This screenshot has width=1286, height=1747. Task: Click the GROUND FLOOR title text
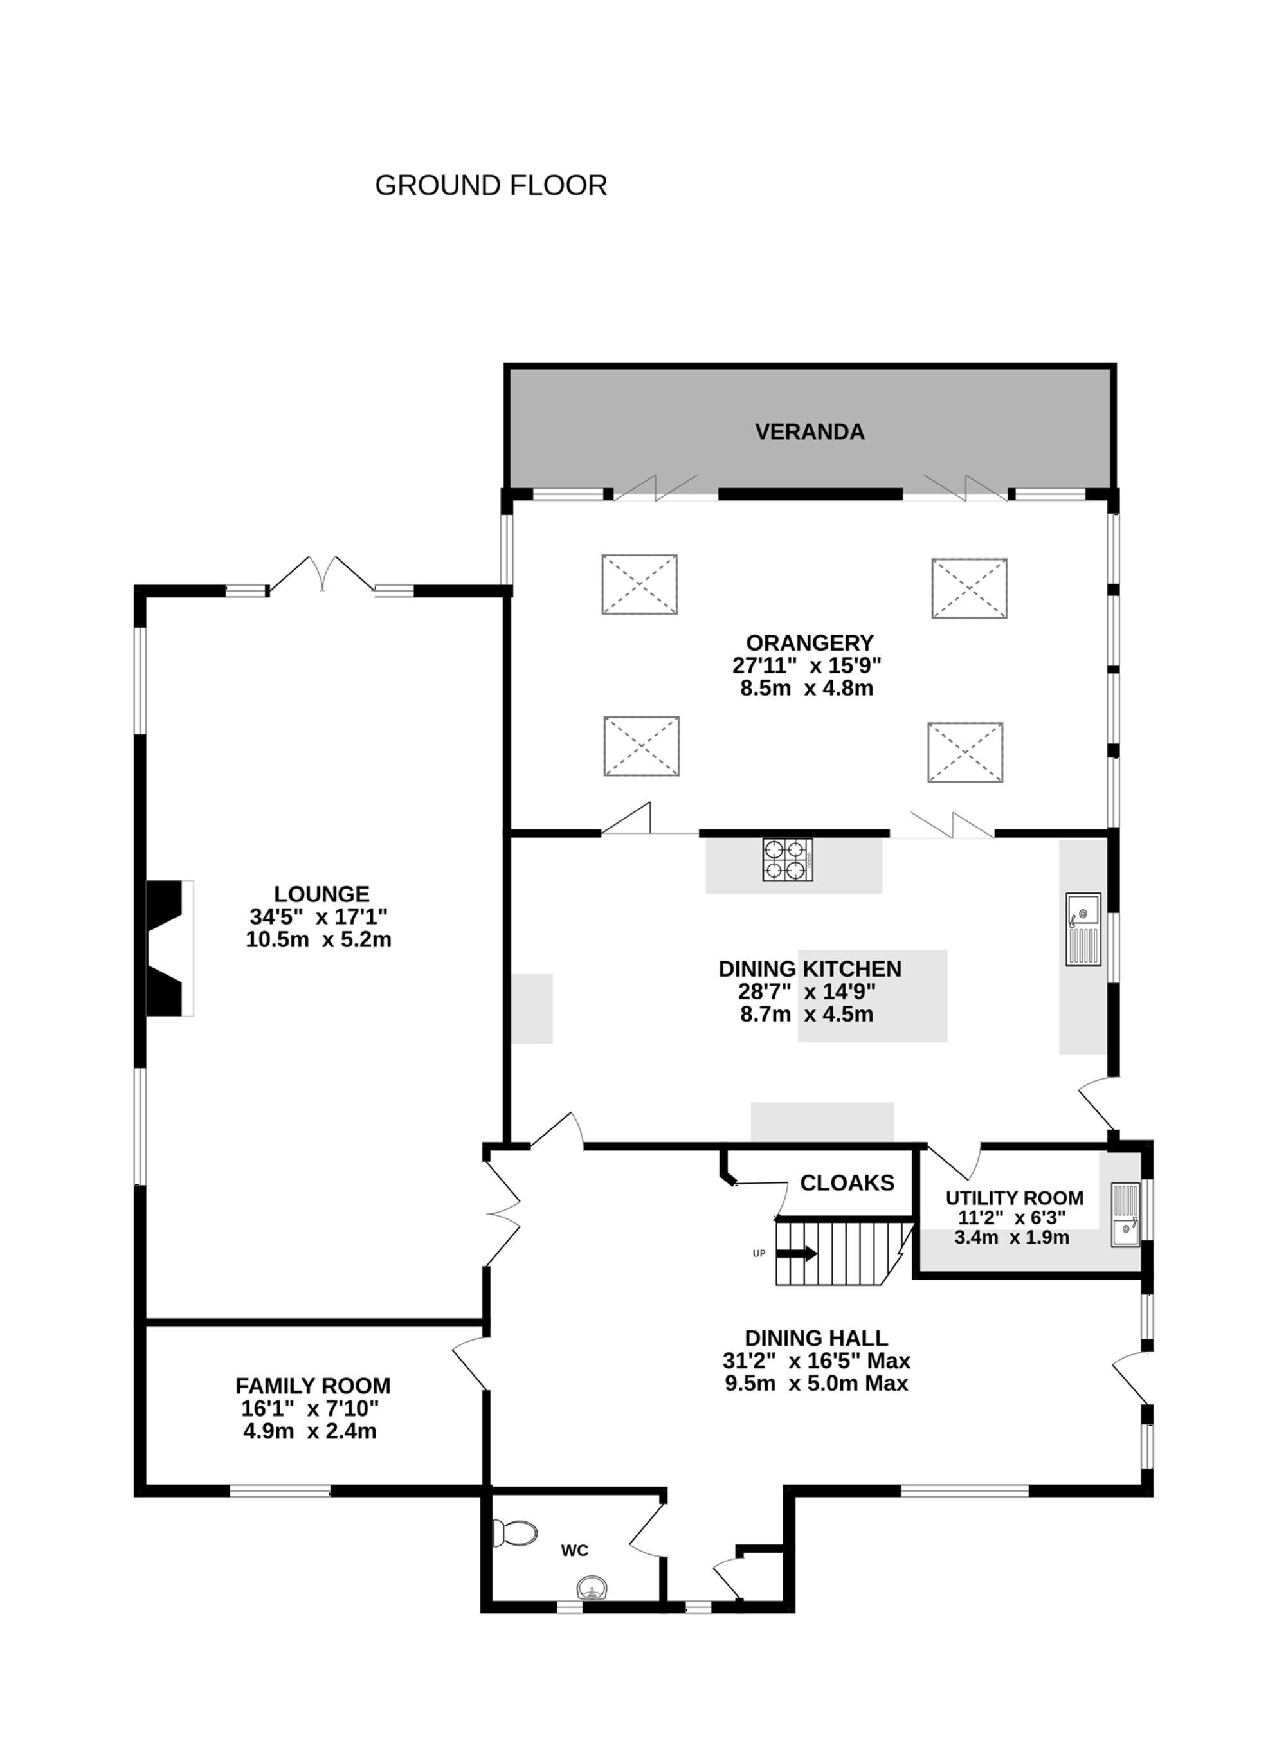tap(491, 185)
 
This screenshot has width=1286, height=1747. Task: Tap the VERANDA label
tap(809, 432)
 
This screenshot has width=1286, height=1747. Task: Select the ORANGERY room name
tap(809, 642)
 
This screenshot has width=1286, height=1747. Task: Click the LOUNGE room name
tap(321, 894)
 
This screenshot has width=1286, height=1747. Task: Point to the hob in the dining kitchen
tap(787, 860)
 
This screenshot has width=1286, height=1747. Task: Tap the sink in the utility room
tap(1125, 1215)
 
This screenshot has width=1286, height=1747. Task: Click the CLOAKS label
tap(847, 1183)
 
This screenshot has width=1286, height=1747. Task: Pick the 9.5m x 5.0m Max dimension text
tap(816, 1384)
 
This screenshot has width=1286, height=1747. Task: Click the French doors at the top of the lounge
tap(321, 575)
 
